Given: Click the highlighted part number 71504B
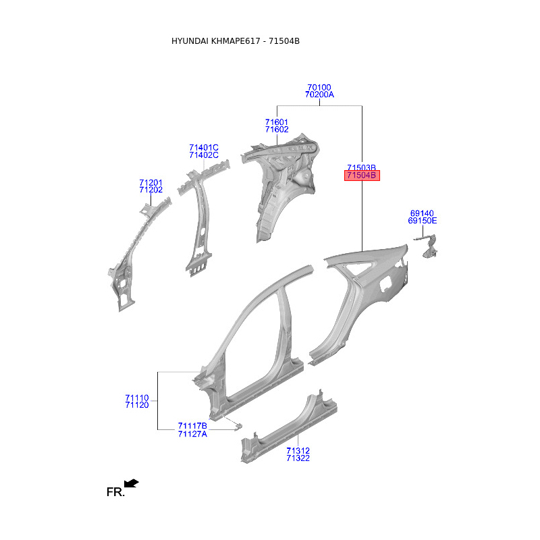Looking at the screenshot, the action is [362, 175].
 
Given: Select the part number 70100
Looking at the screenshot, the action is [319, 87].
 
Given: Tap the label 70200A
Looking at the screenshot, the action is [319, 94].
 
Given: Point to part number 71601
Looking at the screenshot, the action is [277, 122].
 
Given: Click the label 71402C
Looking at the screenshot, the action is [204, 155].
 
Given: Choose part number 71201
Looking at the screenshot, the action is [151, 182].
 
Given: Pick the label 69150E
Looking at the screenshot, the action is [423, 221].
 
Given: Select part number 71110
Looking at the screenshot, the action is [137, 398].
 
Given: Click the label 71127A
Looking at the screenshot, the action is [192, 434].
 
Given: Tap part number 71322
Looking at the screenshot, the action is [298, 458].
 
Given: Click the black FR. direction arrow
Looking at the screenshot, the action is [131, 483].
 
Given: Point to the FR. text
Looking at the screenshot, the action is [115, 492].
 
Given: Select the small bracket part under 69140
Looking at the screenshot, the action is [427, 246].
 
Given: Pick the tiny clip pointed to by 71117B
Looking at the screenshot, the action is [238, 427].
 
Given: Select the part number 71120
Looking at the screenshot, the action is [137, 405].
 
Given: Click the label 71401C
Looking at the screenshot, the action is [204, 147].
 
